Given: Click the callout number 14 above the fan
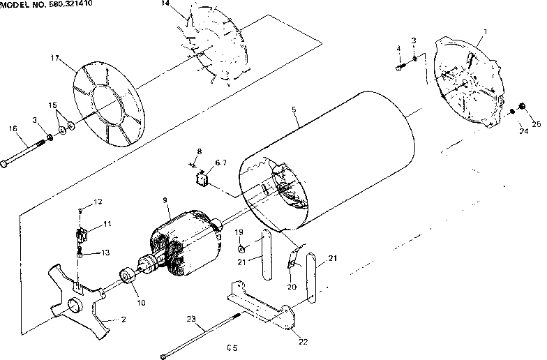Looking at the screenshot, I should click(x=165, y=4).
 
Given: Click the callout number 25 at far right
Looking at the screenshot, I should click(x=537, y=124).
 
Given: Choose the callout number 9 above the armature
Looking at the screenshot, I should click(x=166, y=200).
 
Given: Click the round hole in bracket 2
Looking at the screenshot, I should click(x=73, y=305).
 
